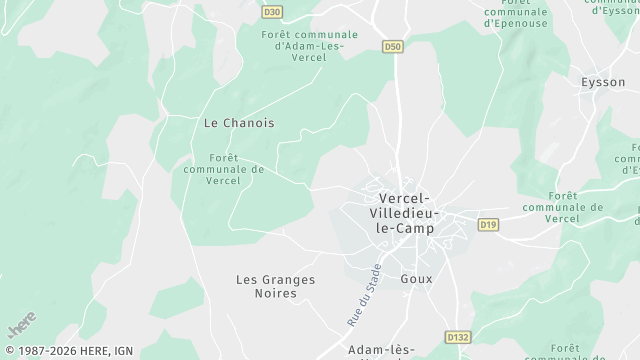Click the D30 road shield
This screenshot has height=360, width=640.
coord(272,13)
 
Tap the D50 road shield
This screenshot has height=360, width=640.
coord(394,46)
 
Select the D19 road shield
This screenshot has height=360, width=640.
coord(488,224)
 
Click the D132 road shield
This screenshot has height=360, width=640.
coord(456,338)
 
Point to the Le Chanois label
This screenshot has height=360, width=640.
coord(239,123)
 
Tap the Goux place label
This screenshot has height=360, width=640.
coord(416,279)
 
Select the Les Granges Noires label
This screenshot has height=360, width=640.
coord(275,287)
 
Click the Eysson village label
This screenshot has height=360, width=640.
coord(603,82)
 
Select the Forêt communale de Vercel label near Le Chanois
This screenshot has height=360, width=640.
coord(224,169)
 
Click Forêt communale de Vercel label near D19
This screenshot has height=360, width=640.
coord(577,207)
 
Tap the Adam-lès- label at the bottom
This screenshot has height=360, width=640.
coord(380,350)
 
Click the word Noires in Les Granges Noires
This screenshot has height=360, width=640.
coord(275,295)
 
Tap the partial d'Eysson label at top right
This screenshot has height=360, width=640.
coord(615,10)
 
